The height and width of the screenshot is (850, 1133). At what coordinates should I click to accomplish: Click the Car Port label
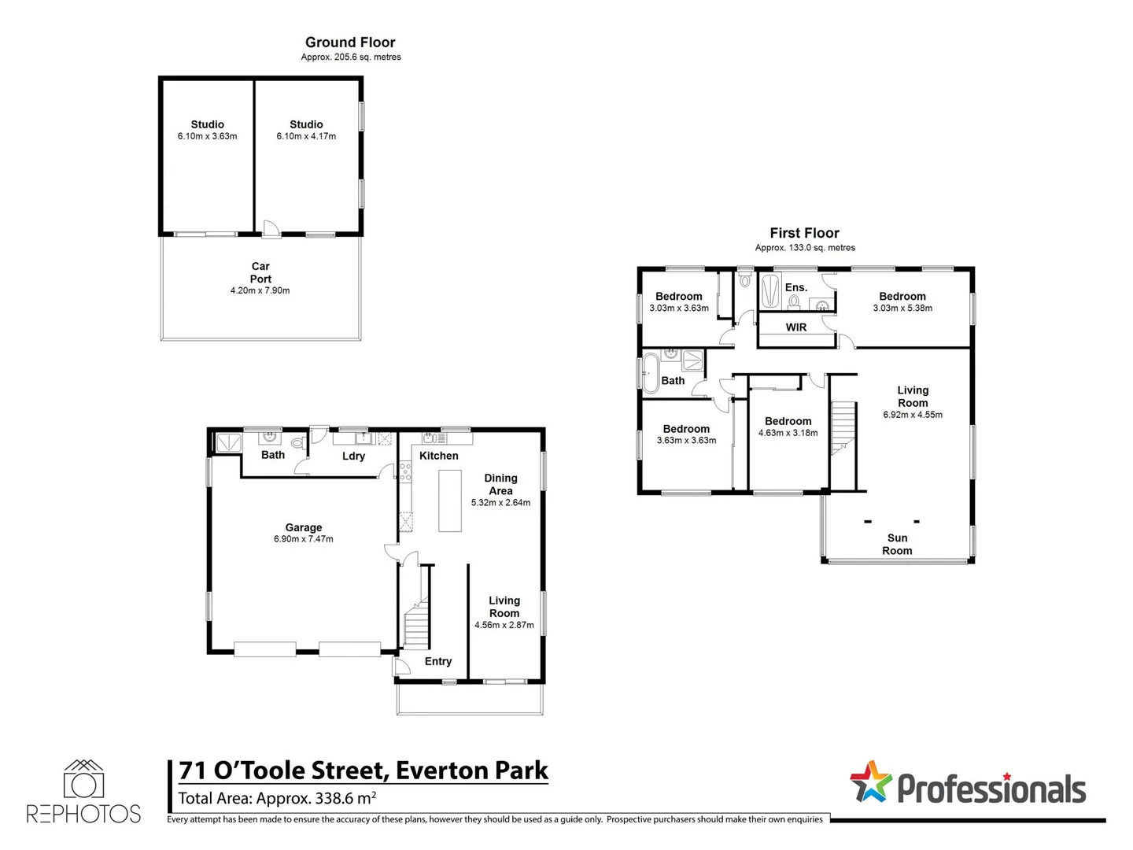pyautogui.click(x=260, y=272)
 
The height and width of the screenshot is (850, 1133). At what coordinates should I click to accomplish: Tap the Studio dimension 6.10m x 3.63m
pyautogui.click(x=207, y=136)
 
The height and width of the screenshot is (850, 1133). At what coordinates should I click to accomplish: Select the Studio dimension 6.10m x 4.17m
pyautogui.click(x=306, y=136)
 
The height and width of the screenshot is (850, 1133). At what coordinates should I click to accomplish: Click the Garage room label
pyautogui.click(x=304, y=527)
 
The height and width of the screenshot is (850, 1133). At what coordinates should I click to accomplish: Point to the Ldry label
pyautogui.click(x=353, y=456)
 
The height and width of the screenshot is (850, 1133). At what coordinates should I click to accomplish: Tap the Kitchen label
pyautogui.click(x=438, y=456)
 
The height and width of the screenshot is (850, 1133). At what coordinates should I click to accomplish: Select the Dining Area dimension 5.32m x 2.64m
pyautogui.click(x=500, y=502)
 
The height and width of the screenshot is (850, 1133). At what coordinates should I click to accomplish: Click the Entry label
pyautogui.click(x=438, y=661)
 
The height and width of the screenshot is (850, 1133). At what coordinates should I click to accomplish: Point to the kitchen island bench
pyautogui.click(x=450, y=501)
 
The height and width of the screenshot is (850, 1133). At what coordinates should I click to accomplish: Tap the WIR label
pyautogui.click(x=796, y=327)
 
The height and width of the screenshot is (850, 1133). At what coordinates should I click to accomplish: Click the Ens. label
pyautogui.click(x=796, y=287)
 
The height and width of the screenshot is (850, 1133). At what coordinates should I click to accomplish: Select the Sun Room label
pyautogui.click(x=897, y=544)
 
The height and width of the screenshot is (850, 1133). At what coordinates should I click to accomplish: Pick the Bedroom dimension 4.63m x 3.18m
pyautogui.click(x=788, y=433)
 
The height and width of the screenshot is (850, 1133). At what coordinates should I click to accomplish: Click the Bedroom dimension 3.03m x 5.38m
pyautogui.click(x=902, y=308)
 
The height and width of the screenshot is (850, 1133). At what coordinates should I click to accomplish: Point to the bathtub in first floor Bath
pyautogui.click(x=651, y=372)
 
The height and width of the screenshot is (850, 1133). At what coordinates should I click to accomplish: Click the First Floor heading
pyautogui.click(x=804, y=233)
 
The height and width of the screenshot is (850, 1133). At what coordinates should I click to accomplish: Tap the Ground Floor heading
pyautogui.click(x=350, y=42)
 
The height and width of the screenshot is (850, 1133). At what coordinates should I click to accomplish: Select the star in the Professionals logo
pyautogui.click(x=870, y=782)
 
